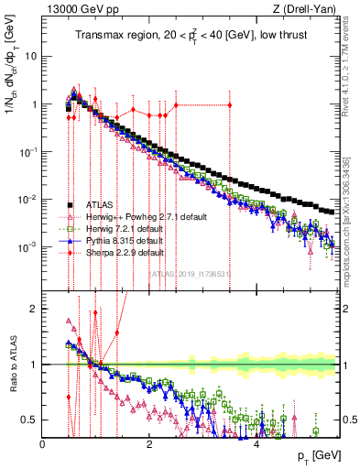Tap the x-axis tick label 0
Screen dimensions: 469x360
coord(43,444)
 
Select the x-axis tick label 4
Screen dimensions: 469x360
coord(256,444)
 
